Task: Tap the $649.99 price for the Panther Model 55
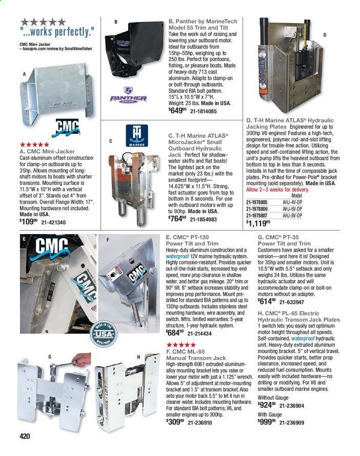176,111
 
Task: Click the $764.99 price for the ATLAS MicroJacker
177,219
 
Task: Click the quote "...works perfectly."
57,32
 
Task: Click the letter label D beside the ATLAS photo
325,35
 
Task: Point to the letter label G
50,355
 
